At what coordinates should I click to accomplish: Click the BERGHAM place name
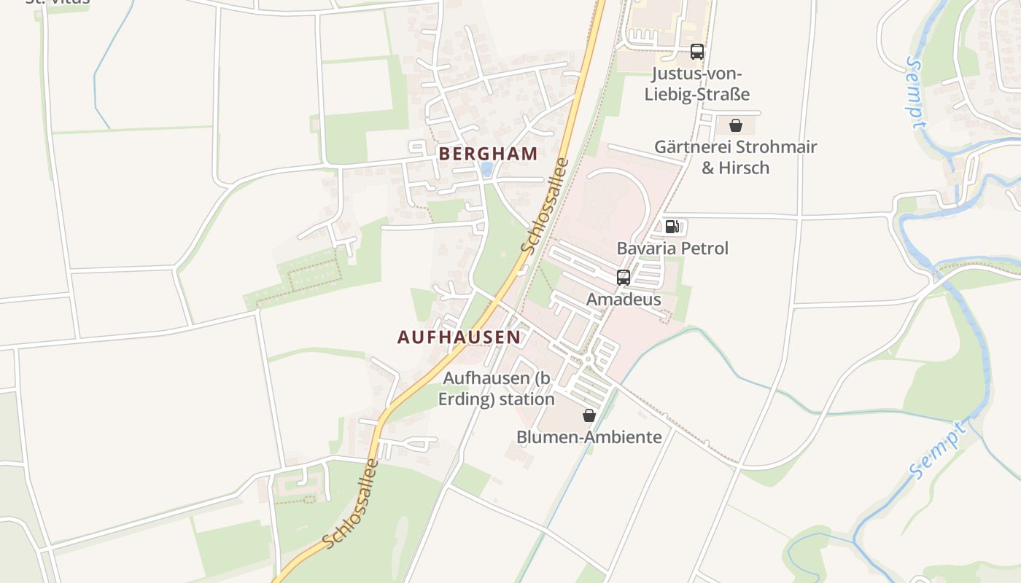click(x=488, y=154)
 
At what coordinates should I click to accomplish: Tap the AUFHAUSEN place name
click(x=459, y=337)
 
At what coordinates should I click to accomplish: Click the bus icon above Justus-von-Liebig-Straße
click(x=697, y=52)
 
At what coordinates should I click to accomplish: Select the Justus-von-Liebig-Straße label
click(x=697, y=84)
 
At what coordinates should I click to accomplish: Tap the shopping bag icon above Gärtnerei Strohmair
click(x=736, y=125)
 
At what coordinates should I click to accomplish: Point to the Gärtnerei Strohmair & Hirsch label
click(x=735, y=157)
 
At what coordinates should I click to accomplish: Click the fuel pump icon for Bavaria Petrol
click(x=672, y=227)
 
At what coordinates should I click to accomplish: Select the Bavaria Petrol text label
click(x=672, y=249)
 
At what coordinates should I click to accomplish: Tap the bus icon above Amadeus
click(x=624, y=278)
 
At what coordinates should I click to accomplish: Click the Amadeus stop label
click(x=624, y=300)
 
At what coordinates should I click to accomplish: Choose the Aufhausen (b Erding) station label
click(x=497, y=388)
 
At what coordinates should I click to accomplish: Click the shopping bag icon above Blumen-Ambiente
click(x=589, y=415)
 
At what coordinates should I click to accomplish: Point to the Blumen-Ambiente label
click(x=589, y=437)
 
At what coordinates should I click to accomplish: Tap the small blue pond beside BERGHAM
click(x=486, y=170)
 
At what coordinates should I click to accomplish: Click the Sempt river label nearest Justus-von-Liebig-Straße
click(x=915, y=93)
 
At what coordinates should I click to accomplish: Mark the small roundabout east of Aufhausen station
click(x=588, y=359)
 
